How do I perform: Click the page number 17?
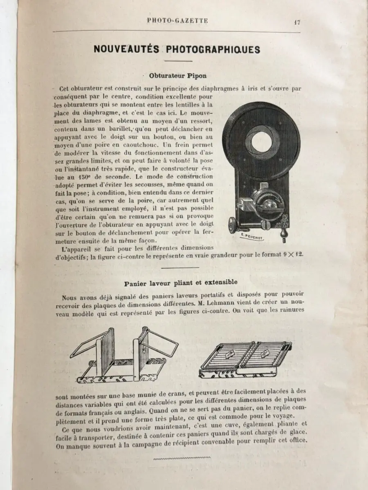click(296, 22)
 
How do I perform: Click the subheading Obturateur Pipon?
click(178, 76)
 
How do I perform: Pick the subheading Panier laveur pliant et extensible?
click(178, 282)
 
